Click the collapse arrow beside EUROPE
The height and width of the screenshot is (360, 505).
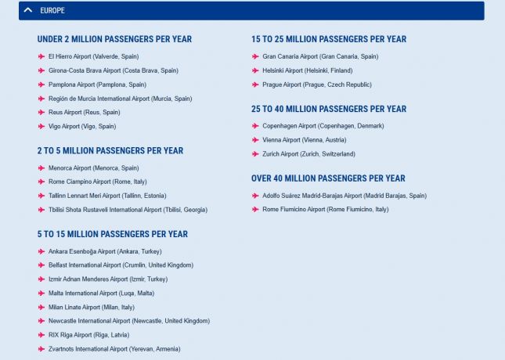click(28, 11)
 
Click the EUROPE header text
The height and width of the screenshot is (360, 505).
click(52, 11)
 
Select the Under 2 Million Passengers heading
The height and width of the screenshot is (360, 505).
click(114, 39)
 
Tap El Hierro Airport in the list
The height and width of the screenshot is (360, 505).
click(93, 56)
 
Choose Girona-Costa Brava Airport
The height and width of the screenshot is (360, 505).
click(113, 70)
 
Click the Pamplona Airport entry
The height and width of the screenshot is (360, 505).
click(96, 85)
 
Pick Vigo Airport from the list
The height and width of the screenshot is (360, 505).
click(81, 126)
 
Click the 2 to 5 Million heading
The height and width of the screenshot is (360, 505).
click(110, 151)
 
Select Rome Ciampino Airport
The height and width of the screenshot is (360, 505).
click(96, 182)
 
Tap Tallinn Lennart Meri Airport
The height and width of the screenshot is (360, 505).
click(106, 196)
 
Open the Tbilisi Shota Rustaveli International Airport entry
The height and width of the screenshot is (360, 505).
click(128, 210)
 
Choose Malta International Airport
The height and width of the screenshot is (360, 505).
click(101, 293)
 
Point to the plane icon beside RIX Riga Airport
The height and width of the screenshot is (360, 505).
click(41, 335)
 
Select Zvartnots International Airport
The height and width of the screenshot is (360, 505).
click(114, 349)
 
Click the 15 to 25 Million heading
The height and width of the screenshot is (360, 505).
click(329, 39)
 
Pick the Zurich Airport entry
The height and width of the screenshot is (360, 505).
click(308, 154)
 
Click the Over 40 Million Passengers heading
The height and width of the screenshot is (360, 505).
click(328, 178)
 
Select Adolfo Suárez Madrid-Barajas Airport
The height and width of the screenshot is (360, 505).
click(344, 196)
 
